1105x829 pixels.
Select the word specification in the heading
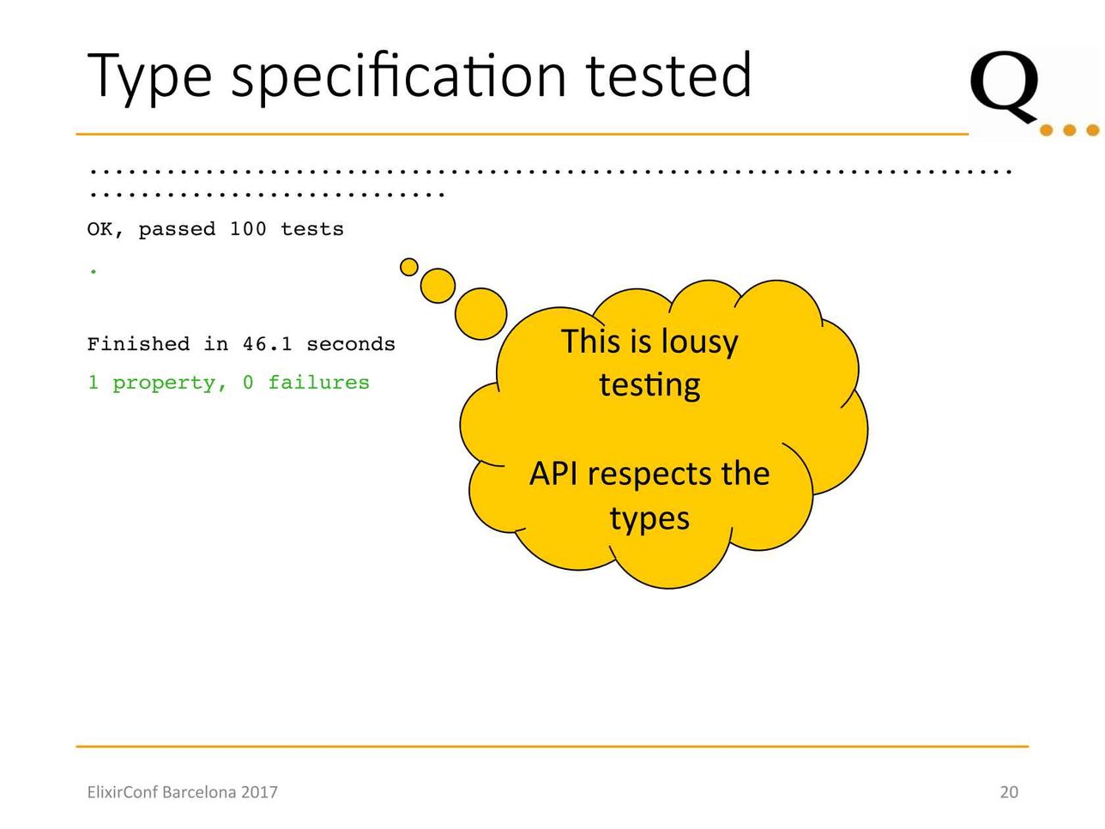click(398, 76)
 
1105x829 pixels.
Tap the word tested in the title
click(668, 75)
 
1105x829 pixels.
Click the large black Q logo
click(1003, 87)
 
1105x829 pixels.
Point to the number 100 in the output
click(248, 229)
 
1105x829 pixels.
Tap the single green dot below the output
click(94, 272)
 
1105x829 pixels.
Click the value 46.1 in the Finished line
click(268, 345)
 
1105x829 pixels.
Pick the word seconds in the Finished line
click(351, 345)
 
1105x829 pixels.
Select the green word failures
click(318, 383)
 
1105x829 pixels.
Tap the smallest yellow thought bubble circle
click(408, 267)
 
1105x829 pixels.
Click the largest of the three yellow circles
click(480, 313)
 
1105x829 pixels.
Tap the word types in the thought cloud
click(649, 519)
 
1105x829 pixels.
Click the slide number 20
click(1009, 792)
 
